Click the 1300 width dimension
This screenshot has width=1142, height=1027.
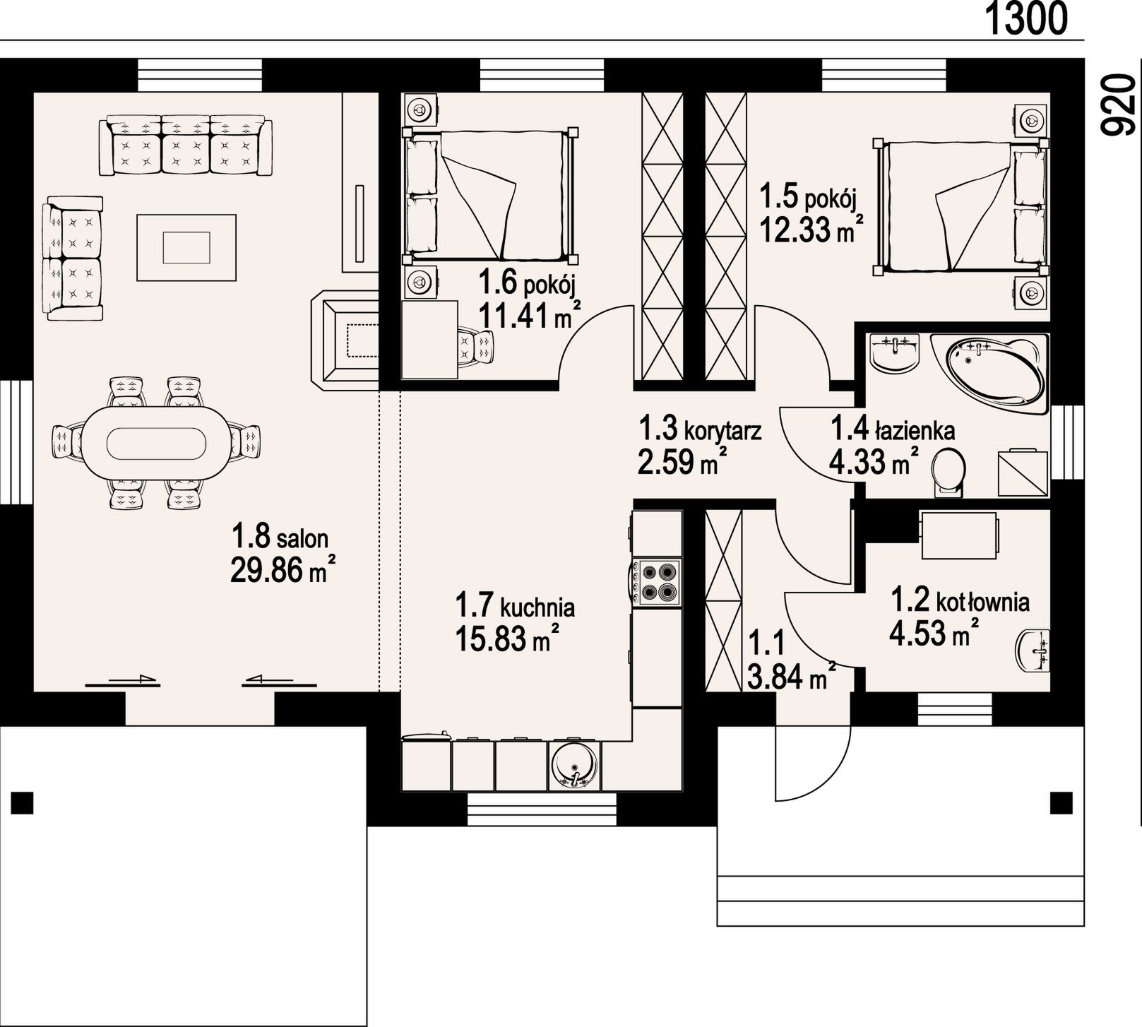pos(1025,19)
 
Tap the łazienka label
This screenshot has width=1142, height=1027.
pos(915,429)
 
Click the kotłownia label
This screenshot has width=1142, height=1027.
pos(982,602)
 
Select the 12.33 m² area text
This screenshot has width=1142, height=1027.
pos(812,229)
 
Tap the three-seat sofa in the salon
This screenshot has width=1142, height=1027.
pos(186,147)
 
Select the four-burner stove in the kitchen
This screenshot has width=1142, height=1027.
pos(657,582)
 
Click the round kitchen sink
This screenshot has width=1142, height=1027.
pos(575,765)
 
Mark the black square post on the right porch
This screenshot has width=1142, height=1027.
pos(1061,803)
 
